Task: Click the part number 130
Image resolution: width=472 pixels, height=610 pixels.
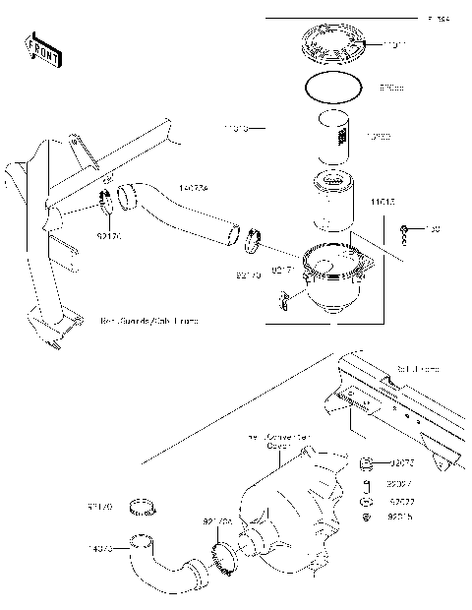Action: (x=432, y=230)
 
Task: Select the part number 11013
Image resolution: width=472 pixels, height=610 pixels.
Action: (x=383, y=202)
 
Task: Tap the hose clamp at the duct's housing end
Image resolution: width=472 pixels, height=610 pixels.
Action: (x=253, y=237)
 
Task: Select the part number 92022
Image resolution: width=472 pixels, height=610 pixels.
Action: (x=400, y=501)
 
